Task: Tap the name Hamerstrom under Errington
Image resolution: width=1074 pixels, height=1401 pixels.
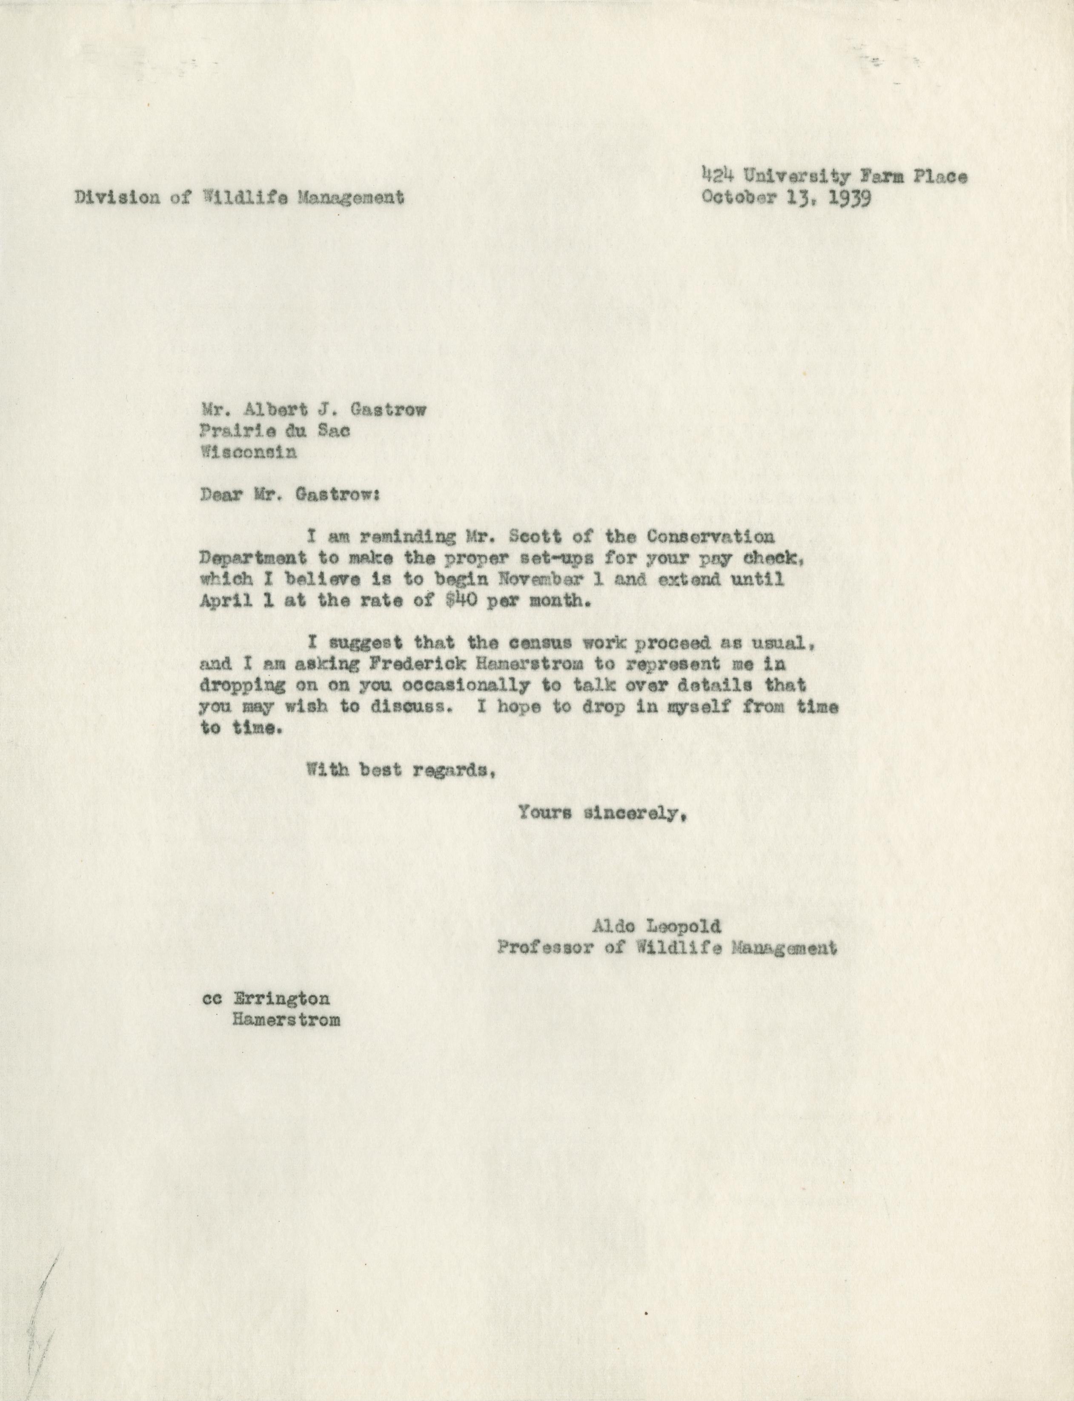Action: (285, 1019)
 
